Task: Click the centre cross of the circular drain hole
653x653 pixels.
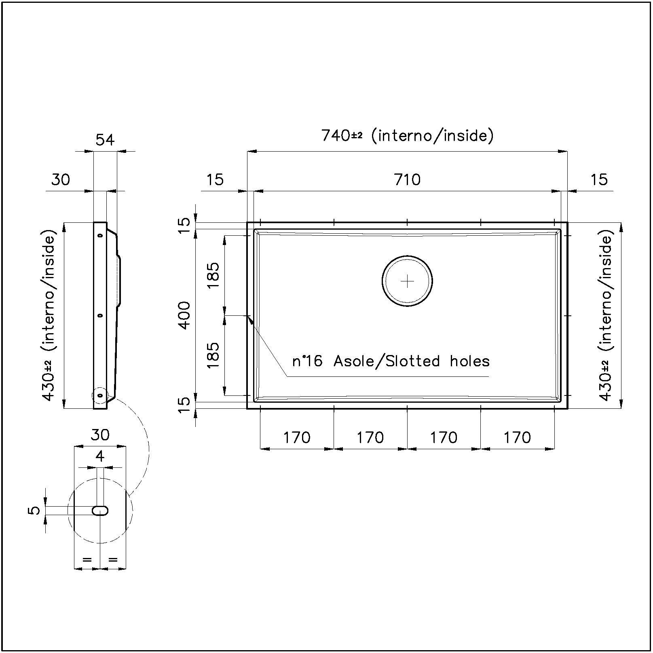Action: point(407,281)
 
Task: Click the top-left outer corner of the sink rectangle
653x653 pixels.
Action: point(247,222)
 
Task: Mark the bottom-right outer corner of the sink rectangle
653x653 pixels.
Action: point(567,408)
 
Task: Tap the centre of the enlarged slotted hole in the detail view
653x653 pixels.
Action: point(100,511)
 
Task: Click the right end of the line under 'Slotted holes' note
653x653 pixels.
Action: point(489,376)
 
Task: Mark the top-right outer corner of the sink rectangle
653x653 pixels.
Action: point(567,222)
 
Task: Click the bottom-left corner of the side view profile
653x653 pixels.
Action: point(94,408)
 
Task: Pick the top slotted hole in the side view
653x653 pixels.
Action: point(100,235)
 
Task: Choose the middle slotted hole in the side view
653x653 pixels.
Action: point(100,315)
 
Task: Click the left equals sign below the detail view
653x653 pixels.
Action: point(87,560)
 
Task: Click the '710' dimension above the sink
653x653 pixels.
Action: point(407,179)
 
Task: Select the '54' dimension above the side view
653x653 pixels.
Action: point(105,140)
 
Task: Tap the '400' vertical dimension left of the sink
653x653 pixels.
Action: point(184,315)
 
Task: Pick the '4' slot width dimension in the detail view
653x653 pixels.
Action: point(100,456)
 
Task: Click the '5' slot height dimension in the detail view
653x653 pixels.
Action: point(36,511)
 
